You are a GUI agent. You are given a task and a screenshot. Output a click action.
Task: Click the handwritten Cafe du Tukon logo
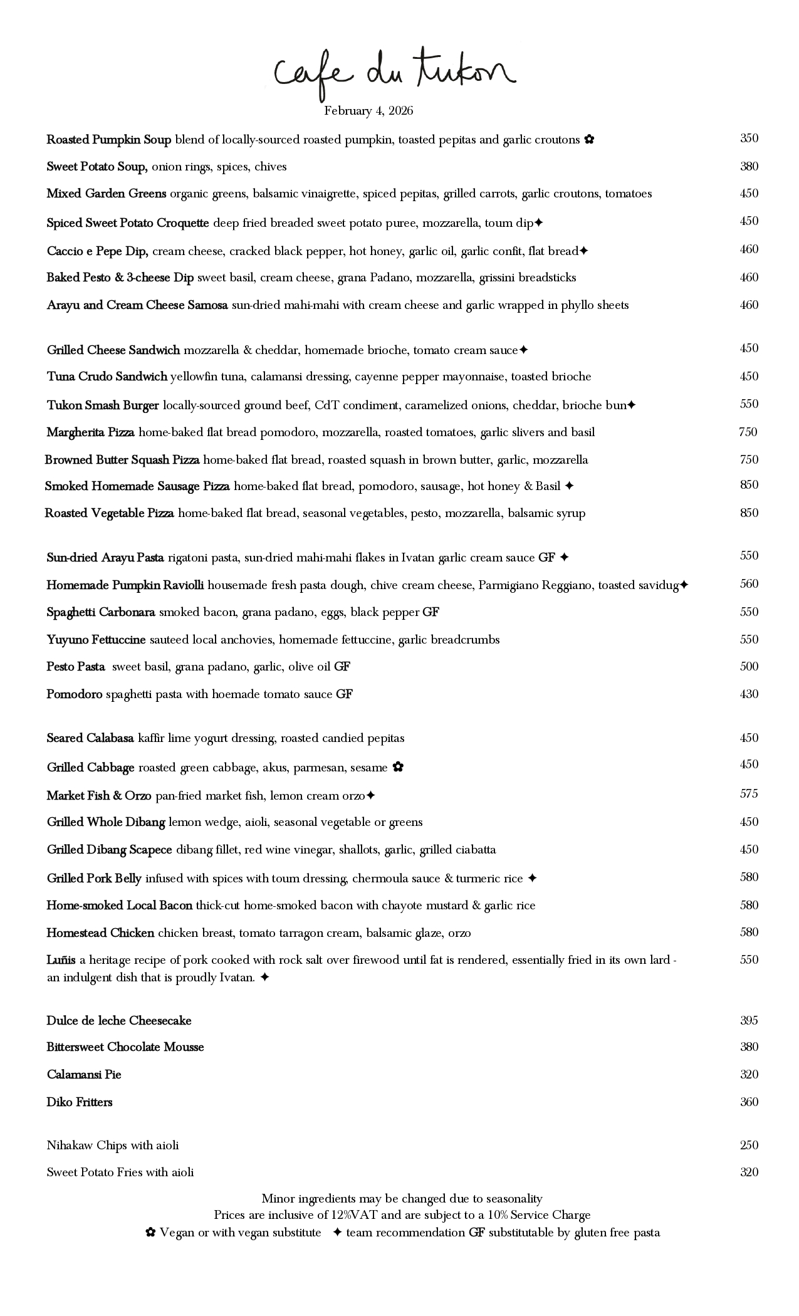pyautogui.click(x=395, y=74)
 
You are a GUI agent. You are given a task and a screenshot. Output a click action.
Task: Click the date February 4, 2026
pyautogui.click(x=368, y=111)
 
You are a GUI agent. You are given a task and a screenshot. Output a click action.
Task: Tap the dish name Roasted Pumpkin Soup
pyautogui.click(x=108, y=140)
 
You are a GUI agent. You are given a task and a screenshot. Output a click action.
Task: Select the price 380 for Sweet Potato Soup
pyautogui.click(x=749, y=166)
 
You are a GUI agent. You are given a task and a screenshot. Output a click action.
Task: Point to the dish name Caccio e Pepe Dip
pyautogui.click(x=97, y=251)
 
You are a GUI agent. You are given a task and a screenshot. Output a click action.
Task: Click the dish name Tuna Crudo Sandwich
pyautogui.click(x=107, y=377)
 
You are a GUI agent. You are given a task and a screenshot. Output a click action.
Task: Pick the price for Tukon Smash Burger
pyautogui.click(x=749, y=404)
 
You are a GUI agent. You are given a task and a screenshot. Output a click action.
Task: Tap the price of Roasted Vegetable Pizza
pyautogui.click(x=749, y=513)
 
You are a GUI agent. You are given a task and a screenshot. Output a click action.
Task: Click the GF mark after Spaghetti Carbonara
pyautogui.click(x=431, y=612)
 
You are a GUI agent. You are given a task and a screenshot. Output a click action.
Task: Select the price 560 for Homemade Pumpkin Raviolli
pyautogui.click(x=749, y=584)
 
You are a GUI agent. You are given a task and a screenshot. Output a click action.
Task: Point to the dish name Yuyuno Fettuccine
pyautogui.click(x=96, y=640)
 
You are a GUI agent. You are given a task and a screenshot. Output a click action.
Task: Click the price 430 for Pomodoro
pyautogui.click(x=749, y=694)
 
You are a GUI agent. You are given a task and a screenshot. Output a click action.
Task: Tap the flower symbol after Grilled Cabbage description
pyautogui.click(x=398, y=767)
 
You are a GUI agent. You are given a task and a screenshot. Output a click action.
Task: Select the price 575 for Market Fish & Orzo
pyautogui.click(x=749, y=793)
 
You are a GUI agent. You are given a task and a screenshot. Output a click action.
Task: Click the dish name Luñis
pyautogui.click(x=61, y=960)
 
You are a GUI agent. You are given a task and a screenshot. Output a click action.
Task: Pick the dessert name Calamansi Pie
pyautogui.click(x=84, y=1075)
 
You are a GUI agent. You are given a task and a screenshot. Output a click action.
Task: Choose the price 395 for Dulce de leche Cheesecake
pyautogui.click(x=749, y=1020)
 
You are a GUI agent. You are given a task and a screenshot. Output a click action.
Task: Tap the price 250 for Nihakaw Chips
pyautogui.click(x=749, y=1145)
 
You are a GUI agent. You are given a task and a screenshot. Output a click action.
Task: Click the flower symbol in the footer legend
pyautogui.click(x=150, y=1233)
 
